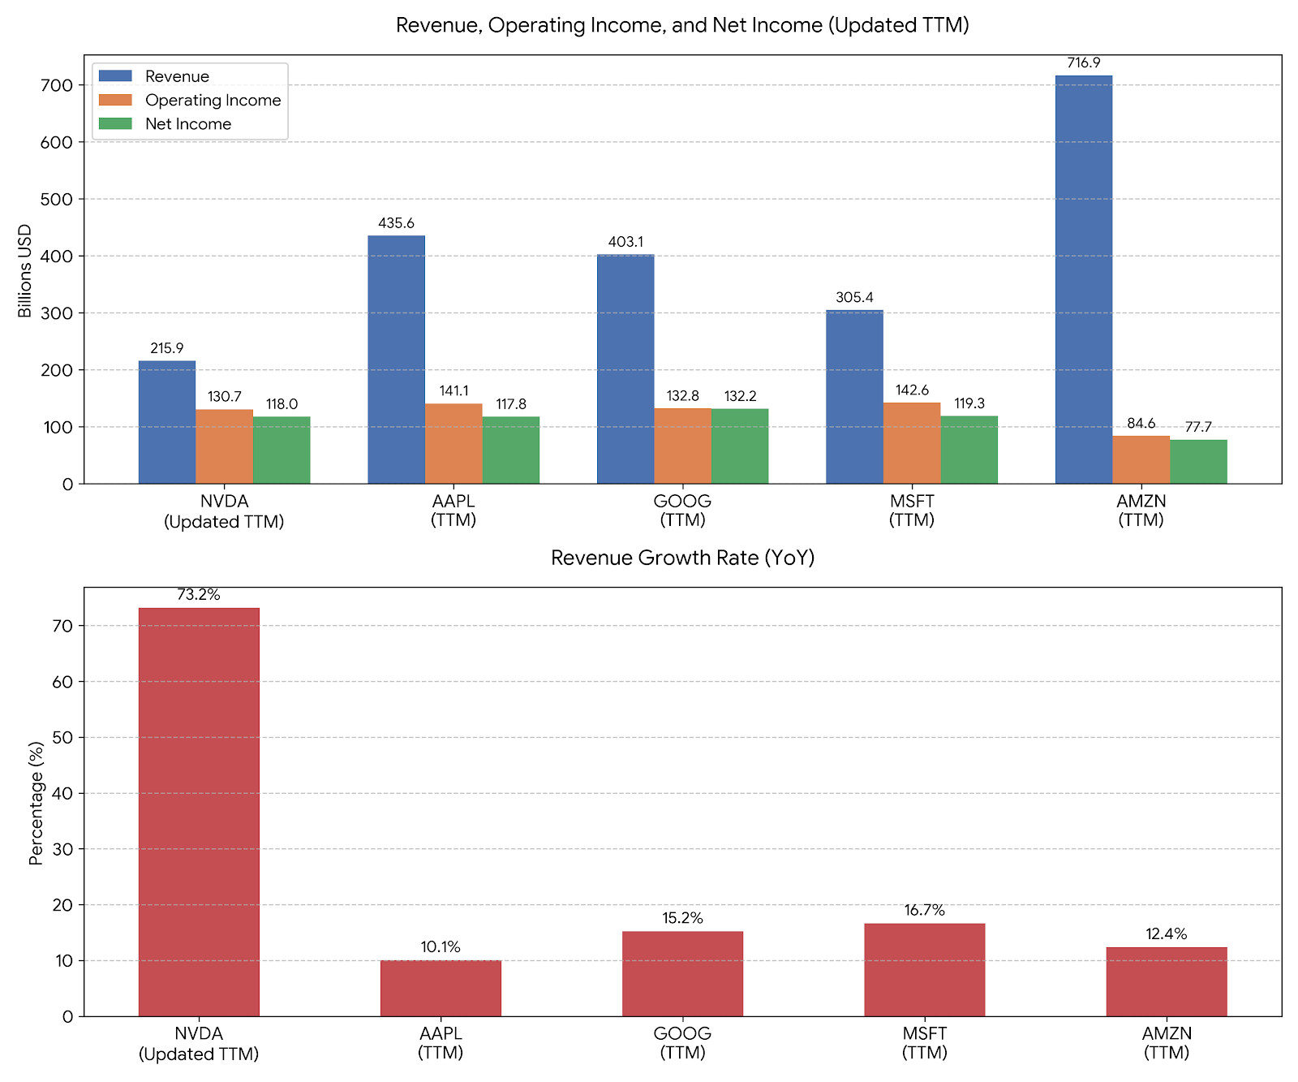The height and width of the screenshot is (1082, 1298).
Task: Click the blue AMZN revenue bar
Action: (1083, 280)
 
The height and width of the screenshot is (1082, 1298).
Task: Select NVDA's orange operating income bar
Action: (224, 446)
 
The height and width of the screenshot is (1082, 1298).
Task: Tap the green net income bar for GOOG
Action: (740, 446)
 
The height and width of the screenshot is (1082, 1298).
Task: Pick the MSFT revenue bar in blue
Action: (854, 397)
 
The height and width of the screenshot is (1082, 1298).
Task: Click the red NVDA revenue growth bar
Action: (199, 812)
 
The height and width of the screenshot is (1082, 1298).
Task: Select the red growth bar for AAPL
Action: (441, 988)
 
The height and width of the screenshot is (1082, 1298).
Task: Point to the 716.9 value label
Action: (1084, 63)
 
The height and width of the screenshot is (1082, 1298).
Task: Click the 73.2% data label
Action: (199, 595)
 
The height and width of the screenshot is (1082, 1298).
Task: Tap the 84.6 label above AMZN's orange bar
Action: (1141, 424)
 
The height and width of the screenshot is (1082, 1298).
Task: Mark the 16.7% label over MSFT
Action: (925, 911)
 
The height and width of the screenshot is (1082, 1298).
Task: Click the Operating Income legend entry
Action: (213, 101)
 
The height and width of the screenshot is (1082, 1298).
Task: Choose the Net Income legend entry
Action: (188, 124)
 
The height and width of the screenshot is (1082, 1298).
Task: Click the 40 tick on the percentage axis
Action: (62, 794)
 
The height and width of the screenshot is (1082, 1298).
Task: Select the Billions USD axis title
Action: (25, 270)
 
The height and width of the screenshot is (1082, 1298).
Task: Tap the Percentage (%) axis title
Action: (36, 803)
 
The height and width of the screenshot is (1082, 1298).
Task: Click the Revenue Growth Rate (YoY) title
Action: (682, 558)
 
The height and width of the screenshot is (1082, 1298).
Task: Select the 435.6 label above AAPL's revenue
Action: (396, 223)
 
